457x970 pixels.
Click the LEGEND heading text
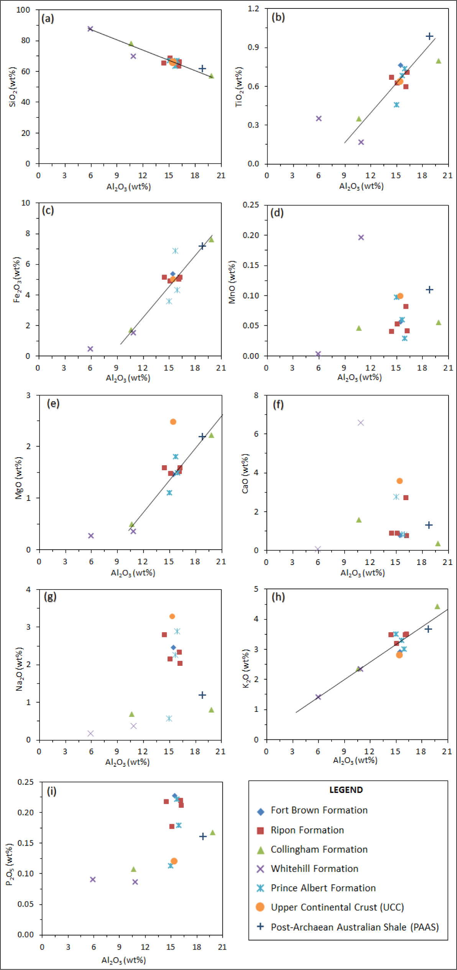346,790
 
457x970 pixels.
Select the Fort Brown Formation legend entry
319,810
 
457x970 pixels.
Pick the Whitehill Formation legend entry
314,868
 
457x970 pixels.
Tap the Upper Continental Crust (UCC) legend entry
337,907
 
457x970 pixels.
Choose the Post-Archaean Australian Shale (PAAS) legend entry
354,927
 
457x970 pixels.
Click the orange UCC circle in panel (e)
173,422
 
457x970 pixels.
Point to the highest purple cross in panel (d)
361,237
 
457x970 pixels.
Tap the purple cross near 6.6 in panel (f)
360,423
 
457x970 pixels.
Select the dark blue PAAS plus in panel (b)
429,36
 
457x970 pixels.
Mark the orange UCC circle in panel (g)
172,616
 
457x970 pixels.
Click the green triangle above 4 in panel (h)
437,606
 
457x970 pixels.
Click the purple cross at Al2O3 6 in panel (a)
90,29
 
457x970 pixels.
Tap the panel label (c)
48,210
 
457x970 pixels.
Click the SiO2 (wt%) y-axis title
13,87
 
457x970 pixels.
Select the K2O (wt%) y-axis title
247,668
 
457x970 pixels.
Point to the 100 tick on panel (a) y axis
23,10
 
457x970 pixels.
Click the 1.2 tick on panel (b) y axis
253,8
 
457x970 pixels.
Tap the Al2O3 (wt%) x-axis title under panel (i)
123,960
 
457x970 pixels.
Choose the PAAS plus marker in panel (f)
429,525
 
